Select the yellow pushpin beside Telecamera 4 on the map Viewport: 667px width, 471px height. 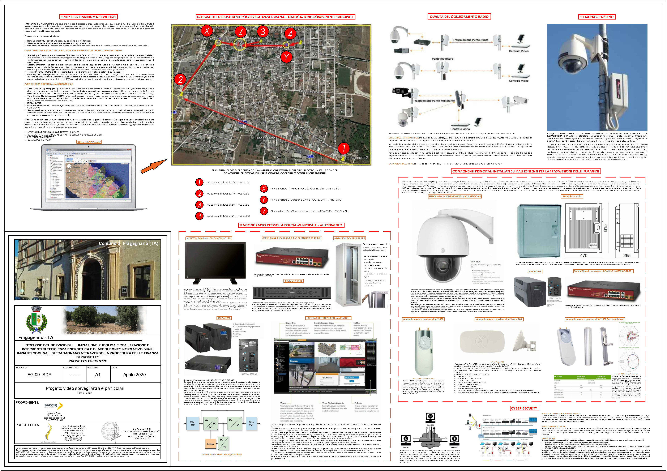click(x=300, y=42)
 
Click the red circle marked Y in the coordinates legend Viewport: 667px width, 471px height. click(x=264, y=200)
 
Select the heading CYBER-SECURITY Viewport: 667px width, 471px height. click(x=524, y=408)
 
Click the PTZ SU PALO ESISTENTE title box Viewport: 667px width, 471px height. click(x=597, y=17)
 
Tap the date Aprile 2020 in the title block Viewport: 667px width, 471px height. click(x=134, y=374)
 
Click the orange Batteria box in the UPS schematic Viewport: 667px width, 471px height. click(x=210, y=444)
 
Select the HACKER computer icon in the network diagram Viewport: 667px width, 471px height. click(x=430, y=417)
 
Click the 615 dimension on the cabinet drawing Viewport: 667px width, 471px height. click(x=605, y=228)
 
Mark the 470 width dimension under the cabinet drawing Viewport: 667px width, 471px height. click(x=584, y=255)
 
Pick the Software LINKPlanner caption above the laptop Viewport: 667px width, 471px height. click(x=89, y=142)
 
